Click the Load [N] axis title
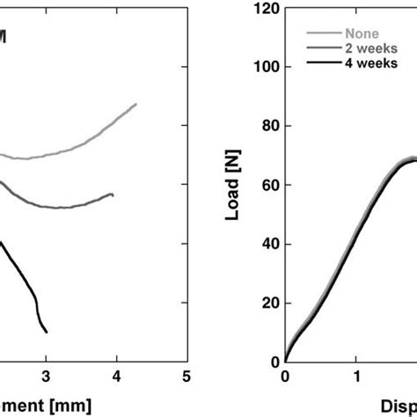(x=233, y=187)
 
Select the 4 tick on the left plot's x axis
(x=117, y=377)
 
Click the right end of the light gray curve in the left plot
(x=136, y=104)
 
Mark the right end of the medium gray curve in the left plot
(x=113, y=194)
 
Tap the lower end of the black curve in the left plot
(x=47, y=332)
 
